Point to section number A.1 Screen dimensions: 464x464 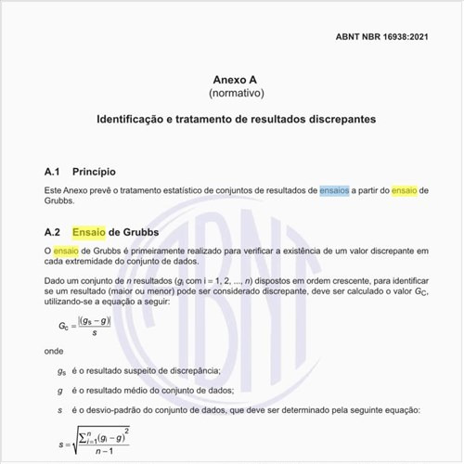[53, 173]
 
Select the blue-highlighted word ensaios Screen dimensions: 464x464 [335, 189]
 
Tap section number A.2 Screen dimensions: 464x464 [53, 231]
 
